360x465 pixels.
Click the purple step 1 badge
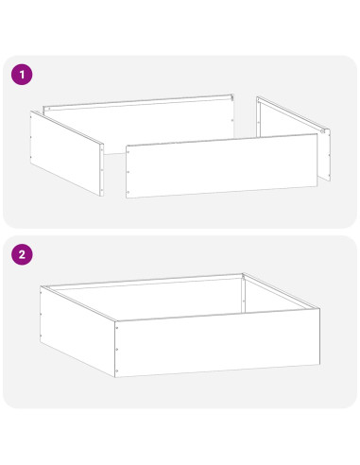(22, 75)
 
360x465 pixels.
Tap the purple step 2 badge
(22, 254)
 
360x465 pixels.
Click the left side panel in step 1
(67, 153)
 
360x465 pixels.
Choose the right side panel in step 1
(294, 139)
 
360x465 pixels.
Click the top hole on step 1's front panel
(128, 152)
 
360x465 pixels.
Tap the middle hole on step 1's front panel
(128, 172)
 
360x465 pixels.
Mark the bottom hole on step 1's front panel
(128, 192)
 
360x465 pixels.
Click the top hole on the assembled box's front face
(117, 328)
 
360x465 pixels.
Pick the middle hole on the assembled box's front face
(117, 350)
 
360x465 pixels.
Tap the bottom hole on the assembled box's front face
(117, 370)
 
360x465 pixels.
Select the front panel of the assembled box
(217, 343)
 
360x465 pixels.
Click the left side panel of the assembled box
(77, 331)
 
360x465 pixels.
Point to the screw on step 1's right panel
(322, 131)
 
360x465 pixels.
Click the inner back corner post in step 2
(243, 294)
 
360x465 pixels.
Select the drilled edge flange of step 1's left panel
(102, 170)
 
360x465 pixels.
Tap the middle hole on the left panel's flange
(102, 170)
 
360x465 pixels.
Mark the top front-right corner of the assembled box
(319, 308)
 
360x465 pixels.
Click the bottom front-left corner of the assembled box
(115, 377)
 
